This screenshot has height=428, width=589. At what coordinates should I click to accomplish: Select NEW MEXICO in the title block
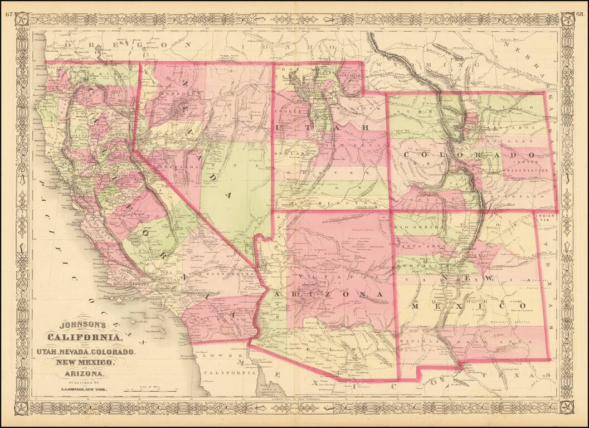tap(84, 363)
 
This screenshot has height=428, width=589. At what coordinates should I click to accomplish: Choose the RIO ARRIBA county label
tap(413, 228)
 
